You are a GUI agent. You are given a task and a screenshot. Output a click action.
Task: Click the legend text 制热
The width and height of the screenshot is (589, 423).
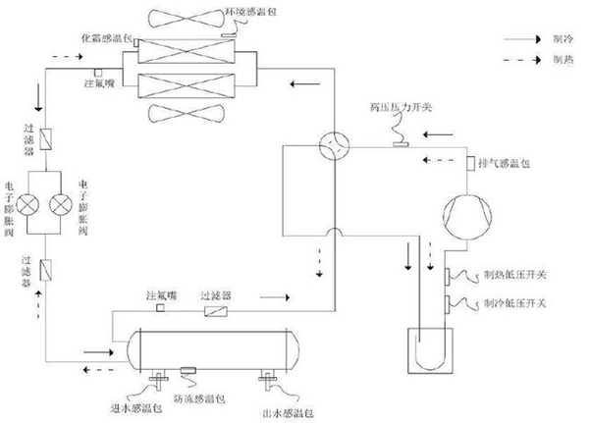point(562,60)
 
